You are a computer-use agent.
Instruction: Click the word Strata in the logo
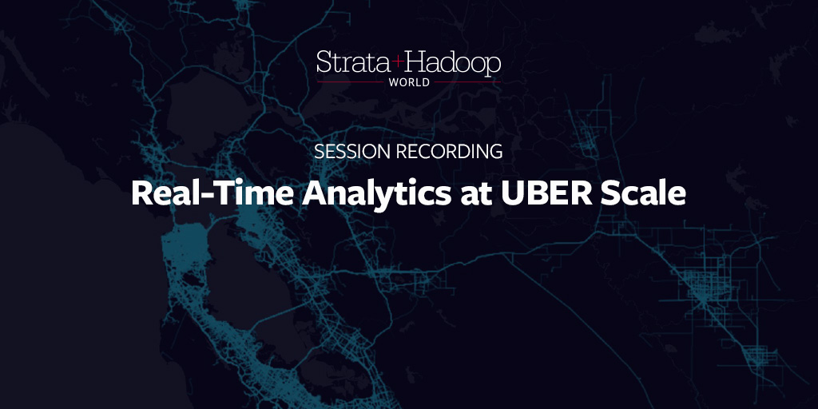click(353, 62)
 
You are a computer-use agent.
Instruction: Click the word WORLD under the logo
click(409, 82)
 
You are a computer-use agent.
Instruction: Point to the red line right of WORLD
click(467, 82)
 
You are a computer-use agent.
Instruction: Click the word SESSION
click(352, 151)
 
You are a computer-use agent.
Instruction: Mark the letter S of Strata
click(324, 62)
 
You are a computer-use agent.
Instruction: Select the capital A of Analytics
click(315, 193)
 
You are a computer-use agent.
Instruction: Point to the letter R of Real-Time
click(142, 193)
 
